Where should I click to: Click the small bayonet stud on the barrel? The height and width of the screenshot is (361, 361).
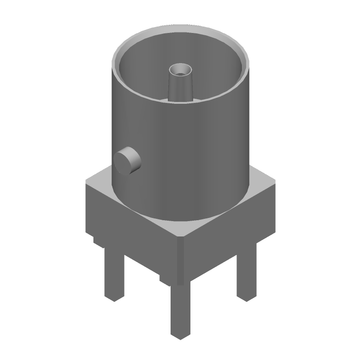(127, 160)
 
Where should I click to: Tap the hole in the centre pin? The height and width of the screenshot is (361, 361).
(180, 71)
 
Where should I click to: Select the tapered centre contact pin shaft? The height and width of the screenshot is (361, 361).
(180, 88)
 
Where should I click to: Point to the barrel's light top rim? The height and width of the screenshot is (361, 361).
(180, 32)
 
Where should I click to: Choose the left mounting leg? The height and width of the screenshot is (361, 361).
(114, 275)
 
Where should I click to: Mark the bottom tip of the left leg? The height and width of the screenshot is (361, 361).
(114, 299)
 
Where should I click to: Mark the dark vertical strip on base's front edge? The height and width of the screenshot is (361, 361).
(180, 262)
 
